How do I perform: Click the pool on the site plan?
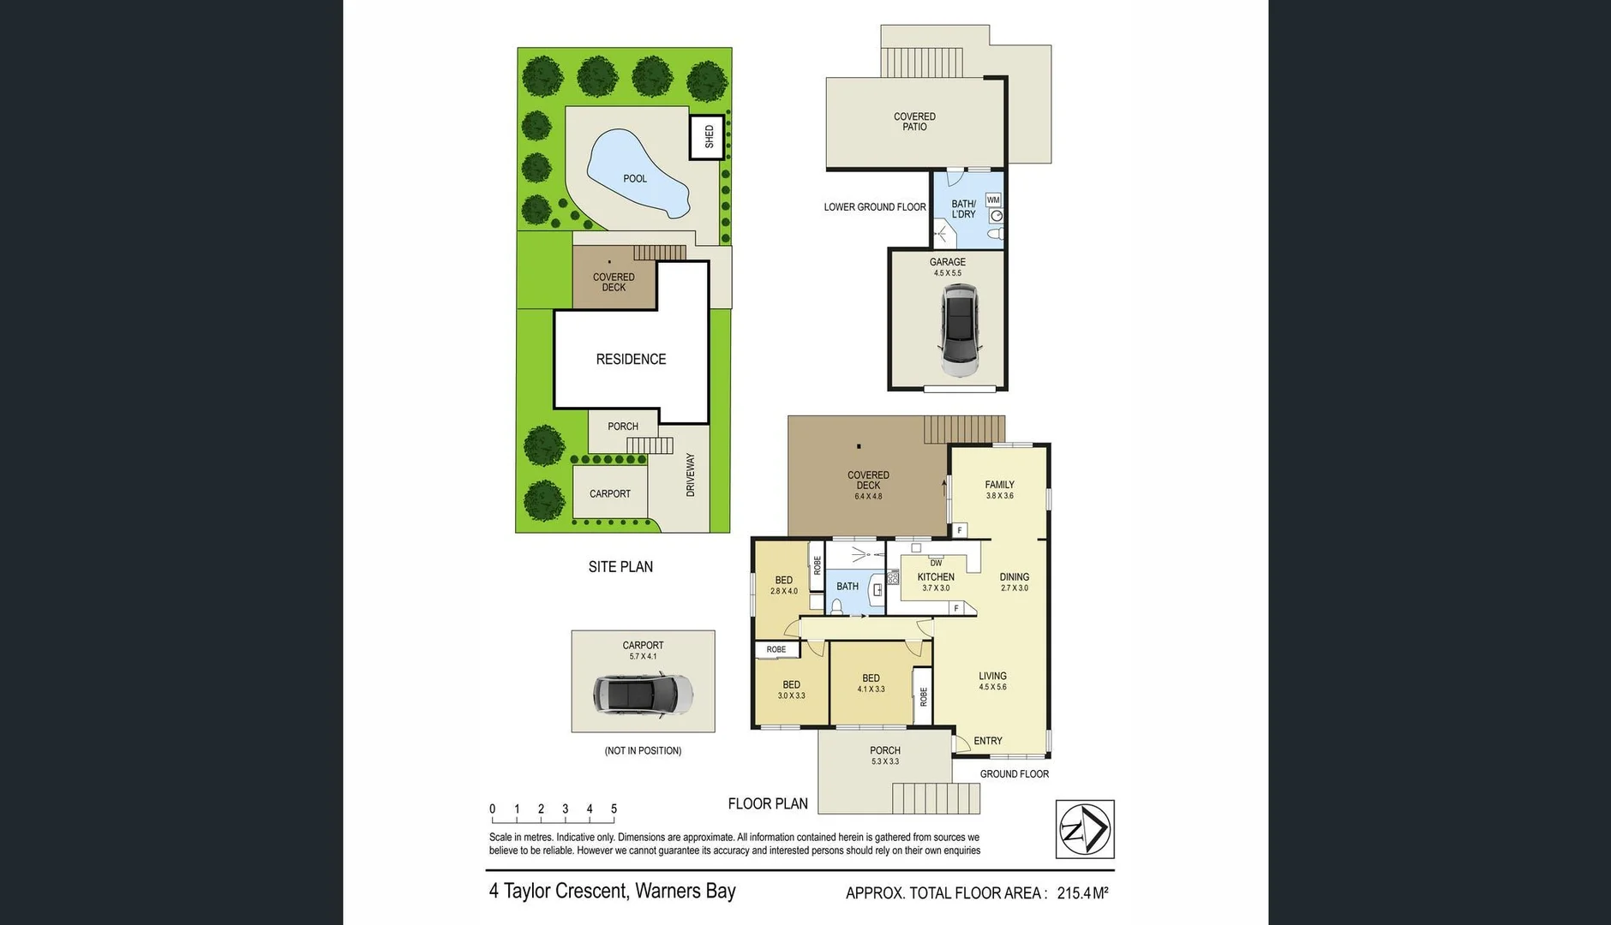[636, 176]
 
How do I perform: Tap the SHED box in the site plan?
[709, 137]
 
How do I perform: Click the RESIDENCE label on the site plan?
[631, 359]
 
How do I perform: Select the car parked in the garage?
[960, 331]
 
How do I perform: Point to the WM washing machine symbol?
[993, 200]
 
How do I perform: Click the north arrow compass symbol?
[1085, 829]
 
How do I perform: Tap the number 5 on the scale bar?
[614, 809]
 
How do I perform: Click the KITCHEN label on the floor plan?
[936, 577]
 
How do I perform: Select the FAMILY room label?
[999, 485]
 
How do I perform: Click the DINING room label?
[1015, 577]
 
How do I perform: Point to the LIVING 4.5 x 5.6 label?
[992, 680]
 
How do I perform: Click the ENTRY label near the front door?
[988, 741]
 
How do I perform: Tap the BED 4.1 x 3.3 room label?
[871, 683]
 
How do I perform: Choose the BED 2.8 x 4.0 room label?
[783, 585]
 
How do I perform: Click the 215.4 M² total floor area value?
[1082, 893]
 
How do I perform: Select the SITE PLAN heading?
[620, 567]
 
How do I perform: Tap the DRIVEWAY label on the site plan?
[691, 474]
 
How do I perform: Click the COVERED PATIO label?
[914, 122]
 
